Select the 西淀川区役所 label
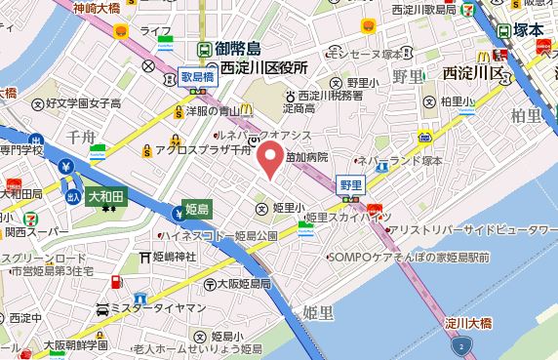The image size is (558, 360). [x=264, y=67]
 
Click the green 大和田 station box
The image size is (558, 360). [x=107, y=196]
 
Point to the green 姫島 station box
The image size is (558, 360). [x=197, y=208]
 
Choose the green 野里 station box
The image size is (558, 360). [x=350, y=182]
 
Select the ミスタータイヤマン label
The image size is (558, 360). [x=159, y=308]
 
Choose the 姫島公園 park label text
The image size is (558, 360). [x=257, y=235]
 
